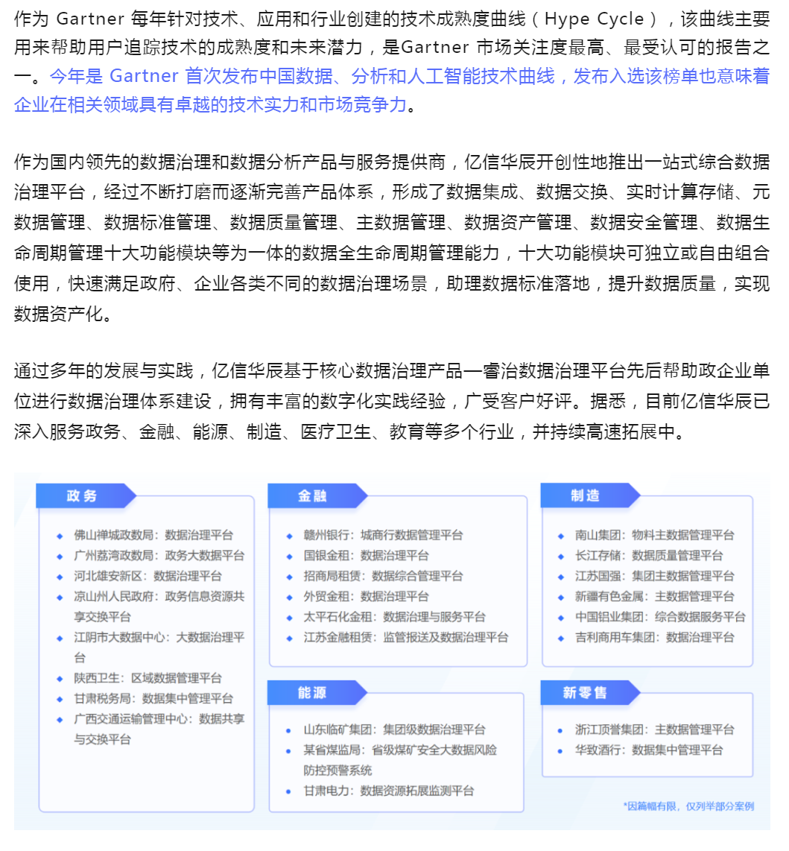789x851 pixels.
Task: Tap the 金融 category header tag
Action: tap(314, 496)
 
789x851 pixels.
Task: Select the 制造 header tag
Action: tap(586, 496)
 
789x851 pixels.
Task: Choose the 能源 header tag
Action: tap(314, 692)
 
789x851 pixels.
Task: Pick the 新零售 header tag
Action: tap(586, 692)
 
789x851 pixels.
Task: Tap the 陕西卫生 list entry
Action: tap(148, 678)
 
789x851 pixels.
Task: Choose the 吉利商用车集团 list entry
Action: tap(654, 637)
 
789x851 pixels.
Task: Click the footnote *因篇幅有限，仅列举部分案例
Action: tap(688, 806)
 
